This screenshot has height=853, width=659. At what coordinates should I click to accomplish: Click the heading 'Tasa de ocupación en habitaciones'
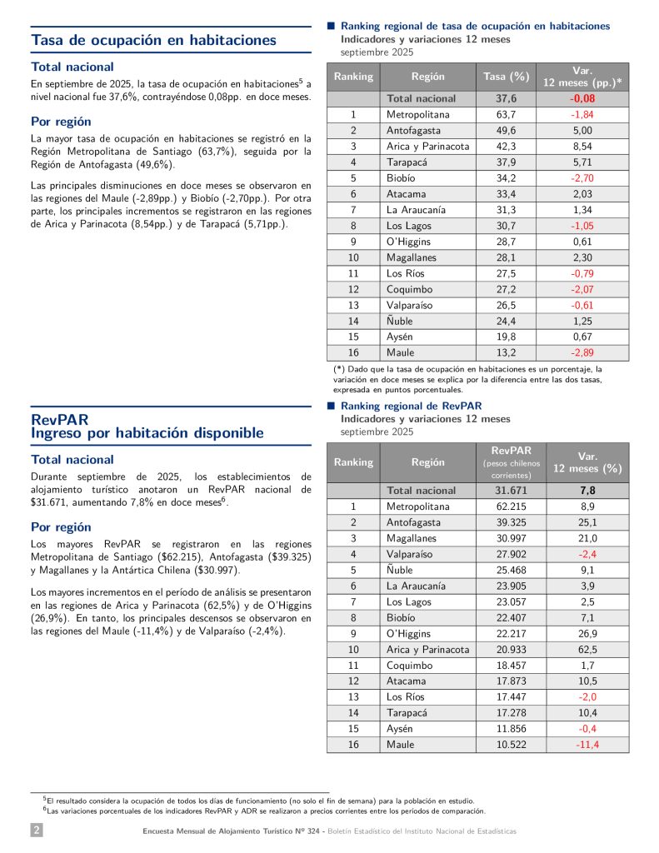tap(154, 39)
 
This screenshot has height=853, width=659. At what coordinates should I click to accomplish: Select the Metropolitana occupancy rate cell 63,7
tap(506, 114)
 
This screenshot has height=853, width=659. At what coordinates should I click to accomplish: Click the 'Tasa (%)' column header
tap(506, 77)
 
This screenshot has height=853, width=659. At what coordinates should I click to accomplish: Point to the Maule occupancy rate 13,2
tap(506, 352)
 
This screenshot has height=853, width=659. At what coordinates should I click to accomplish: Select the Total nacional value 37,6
tap(506, 98)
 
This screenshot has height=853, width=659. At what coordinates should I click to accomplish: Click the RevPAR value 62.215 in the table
tap(506, 506)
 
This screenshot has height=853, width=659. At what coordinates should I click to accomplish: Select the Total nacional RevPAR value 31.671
tap(506, 491)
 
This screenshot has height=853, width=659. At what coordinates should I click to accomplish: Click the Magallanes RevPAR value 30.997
tap(506, 538)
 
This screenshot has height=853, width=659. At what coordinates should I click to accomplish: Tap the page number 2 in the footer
tap(37, 831)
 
